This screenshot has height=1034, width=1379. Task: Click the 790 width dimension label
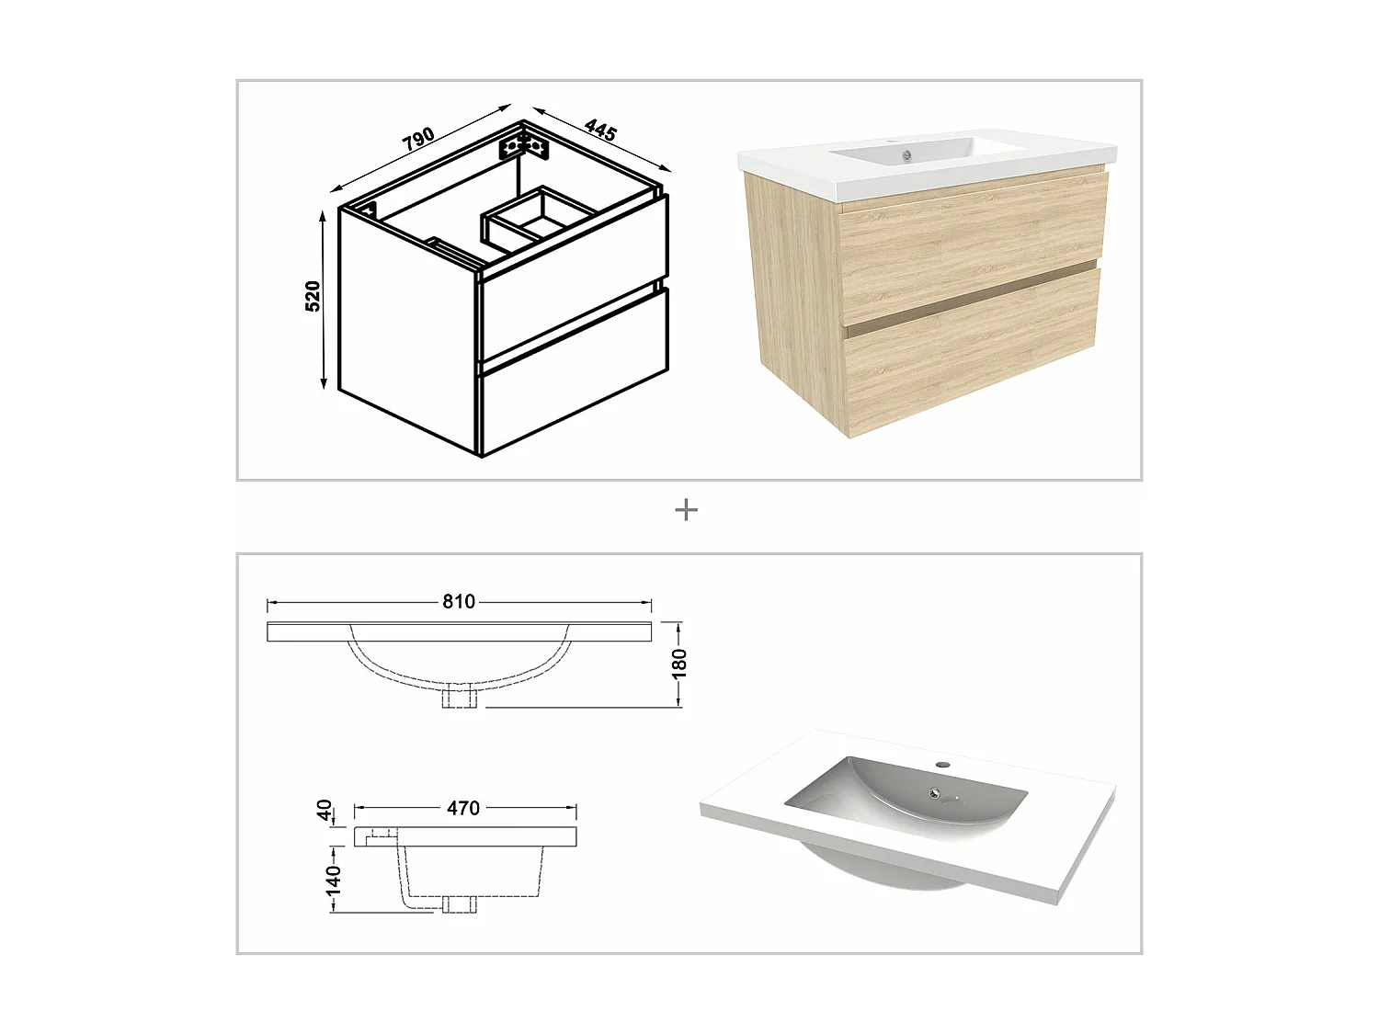418,138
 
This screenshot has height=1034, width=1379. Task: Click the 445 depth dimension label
599,130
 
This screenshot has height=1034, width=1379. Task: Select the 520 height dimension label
313,296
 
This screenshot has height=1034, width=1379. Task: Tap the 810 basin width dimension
459,602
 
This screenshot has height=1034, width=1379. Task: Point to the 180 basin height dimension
679,663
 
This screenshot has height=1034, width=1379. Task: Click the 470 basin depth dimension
463,808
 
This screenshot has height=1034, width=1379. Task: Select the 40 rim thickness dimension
324,810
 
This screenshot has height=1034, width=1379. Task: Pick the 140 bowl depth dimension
333,879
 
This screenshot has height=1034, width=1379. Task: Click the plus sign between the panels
686,510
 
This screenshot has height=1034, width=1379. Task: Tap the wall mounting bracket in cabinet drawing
523,145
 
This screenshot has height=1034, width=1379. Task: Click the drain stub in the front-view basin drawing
459,698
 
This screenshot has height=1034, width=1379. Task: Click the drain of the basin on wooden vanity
906,155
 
